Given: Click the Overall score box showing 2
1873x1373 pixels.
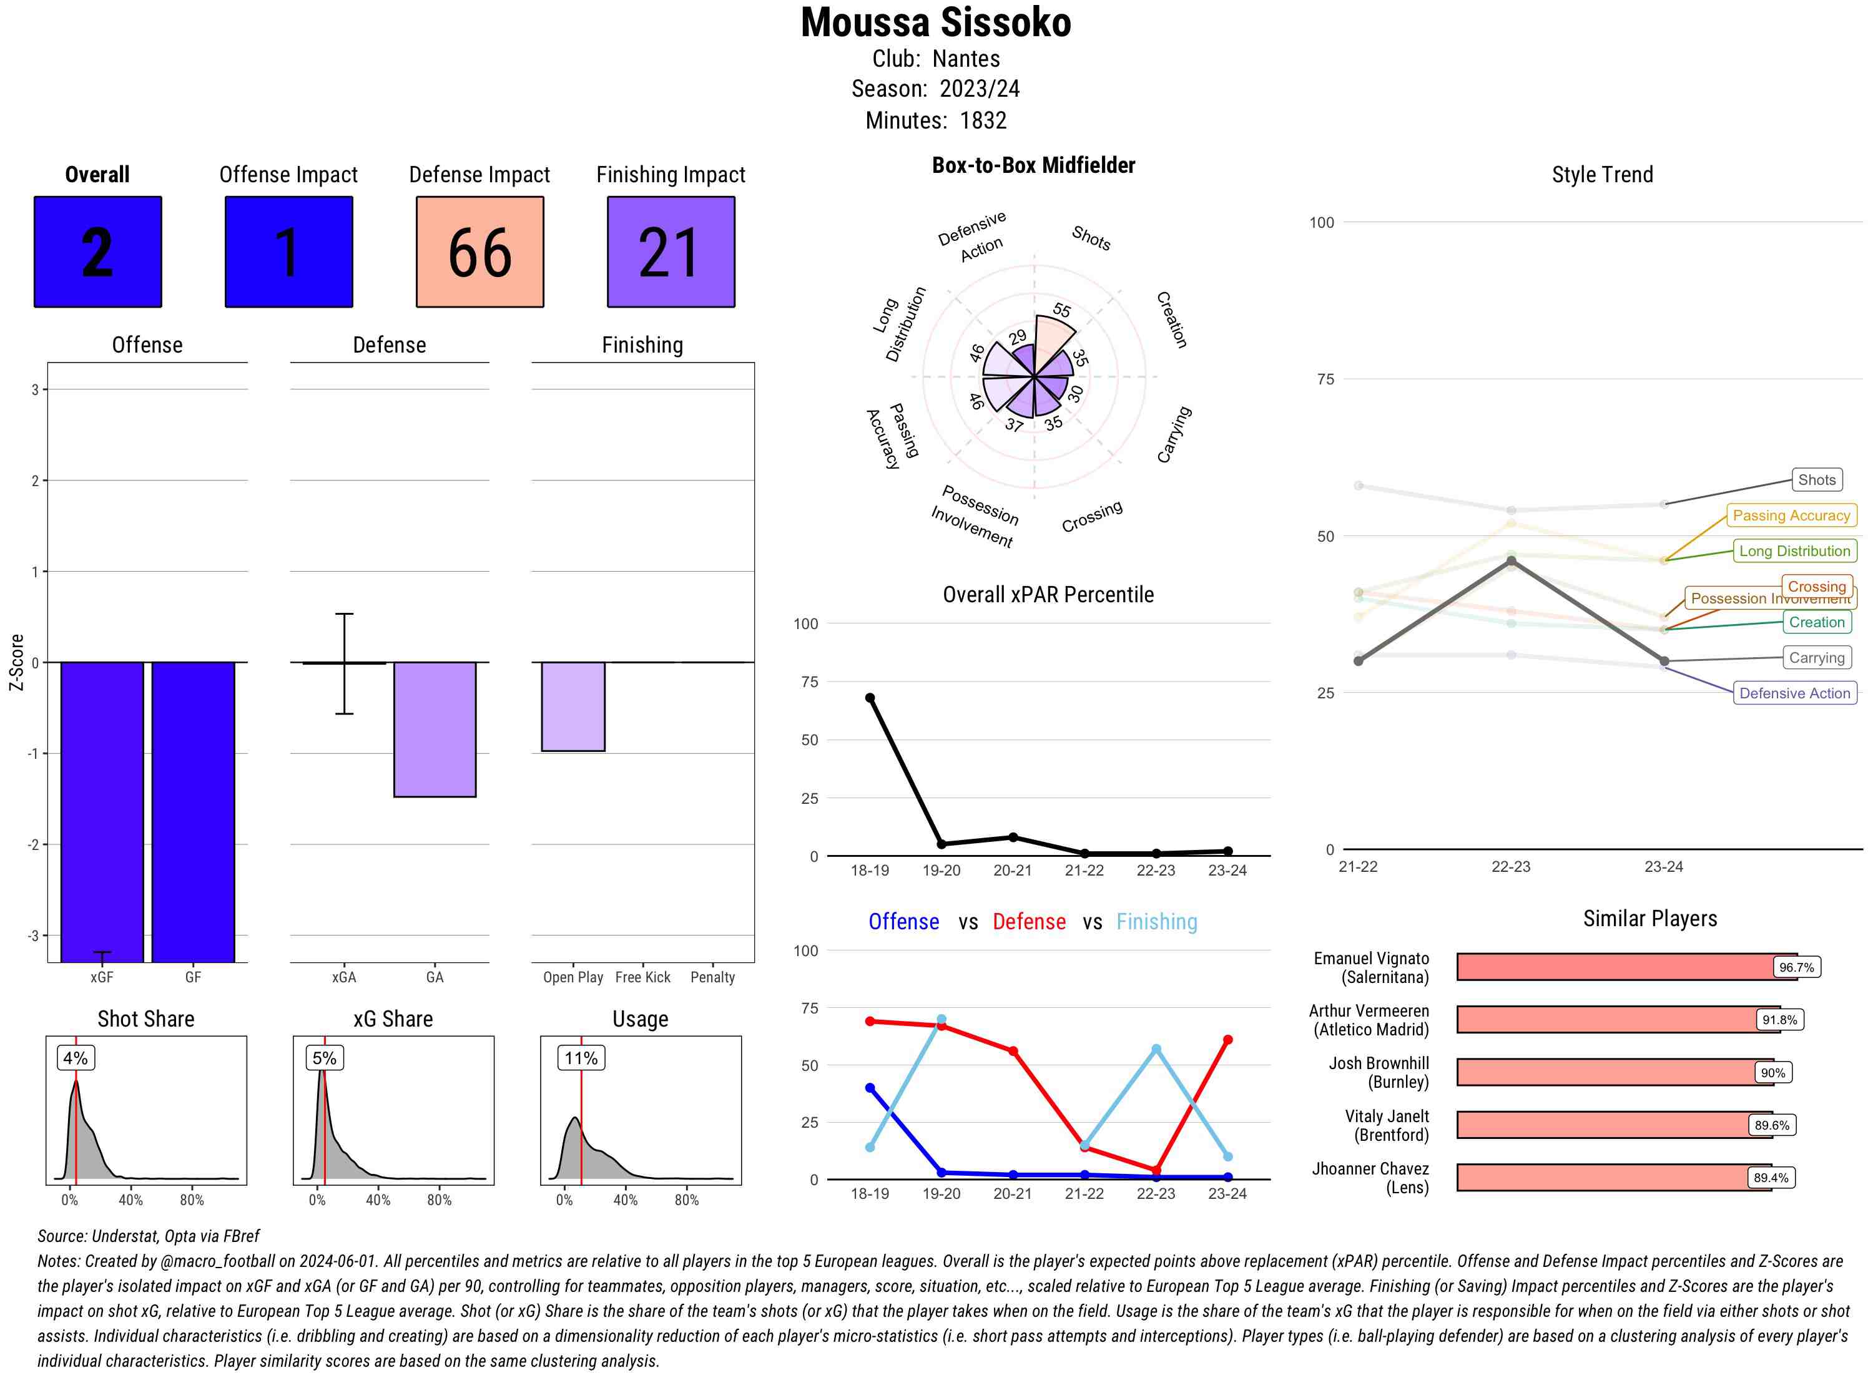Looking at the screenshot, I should tap(97, 252).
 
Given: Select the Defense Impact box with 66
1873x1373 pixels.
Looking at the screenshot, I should tap(479, 252).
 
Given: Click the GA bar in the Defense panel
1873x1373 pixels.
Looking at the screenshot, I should tap(435, 729).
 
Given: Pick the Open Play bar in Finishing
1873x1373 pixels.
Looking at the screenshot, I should tap(573, 706).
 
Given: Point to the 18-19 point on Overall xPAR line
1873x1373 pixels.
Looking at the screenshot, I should tap(870, 698).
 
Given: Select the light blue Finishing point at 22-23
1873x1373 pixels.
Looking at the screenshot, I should tap(1156, 1050).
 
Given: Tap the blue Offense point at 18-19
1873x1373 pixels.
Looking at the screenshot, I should tap(870, 1088).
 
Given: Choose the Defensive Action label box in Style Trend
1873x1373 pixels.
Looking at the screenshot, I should tap(1794, 693).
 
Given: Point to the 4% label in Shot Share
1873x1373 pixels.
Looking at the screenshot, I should tap(75, 1058).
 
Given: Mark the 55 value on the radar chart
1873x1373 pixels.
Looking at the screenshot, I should tap(1061, 311).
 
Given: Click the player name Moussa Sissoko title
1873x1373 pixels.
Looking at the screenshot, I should tap(935, 23).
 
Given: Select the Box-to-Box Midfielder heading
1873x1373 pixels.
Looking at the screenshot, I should tap(1033, 165).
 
